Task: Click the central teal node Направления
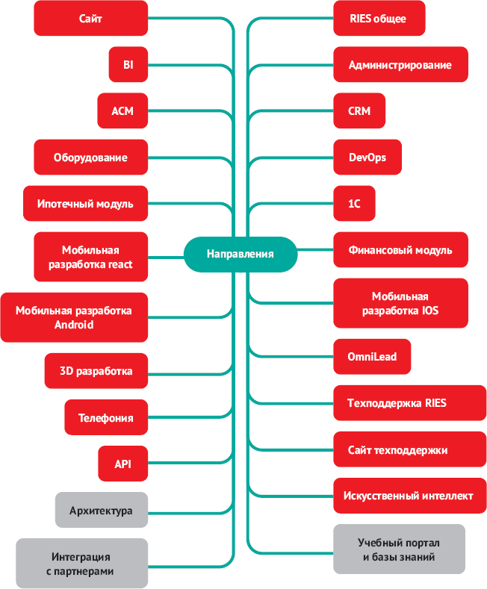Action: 240,254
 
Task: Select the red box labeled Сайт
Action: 90,18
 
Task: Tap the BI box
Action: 128,65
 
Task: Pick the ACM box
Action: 122,111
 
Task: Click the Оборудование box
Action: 90,158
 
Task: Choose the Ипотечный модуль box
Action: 85,204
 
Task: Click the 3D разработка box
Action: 96,371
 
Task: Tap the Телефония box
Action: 105,417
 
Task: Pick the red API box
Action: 122,464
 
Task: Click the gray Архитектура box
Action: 101,511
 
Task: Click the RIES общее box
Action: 379,18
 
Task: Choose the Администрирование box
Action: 400,65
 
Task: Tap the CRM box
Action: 359,111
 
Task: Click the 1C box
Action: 353,204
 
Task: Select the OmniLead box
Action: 372,357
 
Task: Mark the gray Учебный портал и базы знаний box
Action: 399,550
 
